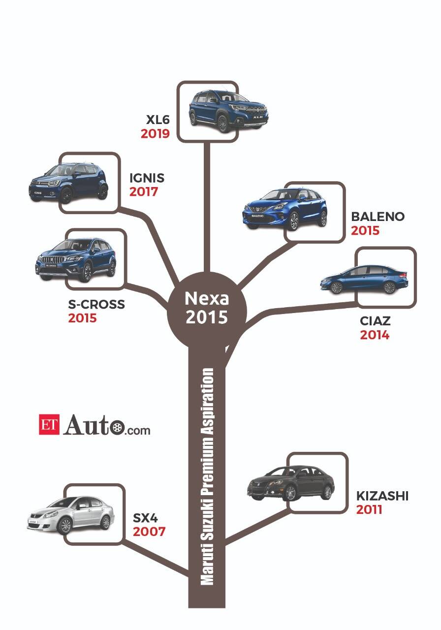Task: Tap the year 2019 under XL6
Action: [155, 133]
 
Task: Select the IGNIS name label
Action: [147, 177]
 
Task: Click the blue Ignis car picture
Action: [69, 183]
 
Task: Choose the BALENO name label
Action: [378, 217]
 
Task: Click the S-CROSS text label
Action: [96, 305]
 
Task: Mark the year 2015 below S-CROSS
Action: [82, 318]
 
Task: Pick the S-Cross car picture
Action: [76, 260]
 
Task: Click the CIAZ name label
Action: [375, 321]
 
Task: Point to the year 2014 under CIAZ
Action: [375, 335]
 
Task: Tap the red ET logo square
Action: [49, 424]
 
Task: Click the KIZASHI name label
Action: [382, 496]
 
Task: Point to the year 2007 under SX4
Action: [149, 532]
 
